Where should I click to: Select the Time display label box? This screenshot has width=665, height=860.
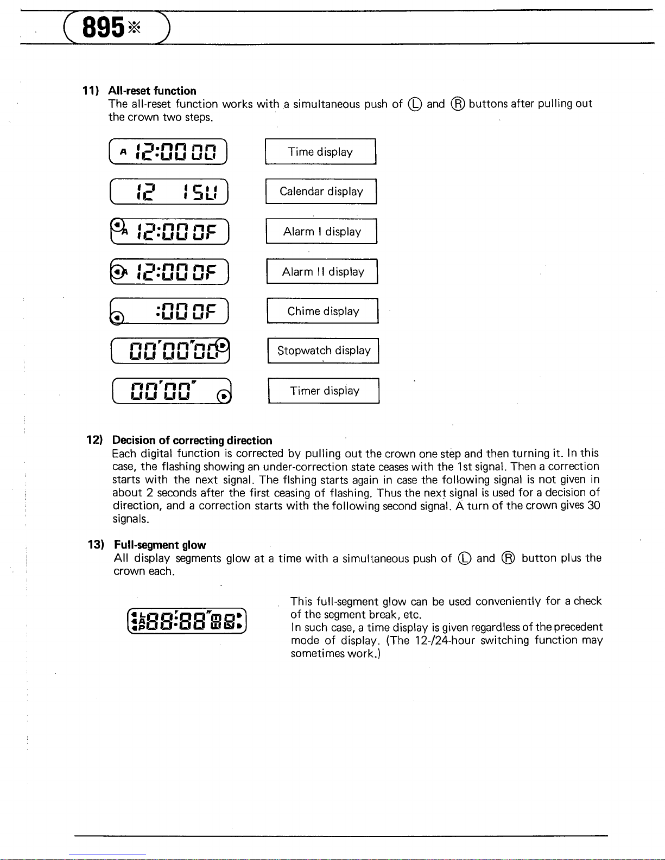click(x=320, y=152)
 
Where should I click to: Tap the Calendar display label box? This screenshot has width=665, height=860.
click(x=321, y=192)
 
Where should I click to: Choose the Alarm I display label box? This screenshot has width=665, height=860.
click(x=321, y=232)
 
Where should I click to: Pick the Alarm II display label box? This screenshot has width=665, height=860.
click(x=322, y=272)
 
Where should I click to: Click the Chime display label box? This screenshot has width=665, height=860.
click(x=323, y=311)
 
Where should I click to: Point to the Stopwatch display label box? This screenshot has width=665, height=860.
click(x=324, y=351)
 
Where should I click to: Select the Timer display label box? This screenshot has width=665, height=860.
click(x=324, y=391)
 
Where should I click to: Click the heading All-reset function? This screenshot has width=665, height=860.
click(x=152, y=91)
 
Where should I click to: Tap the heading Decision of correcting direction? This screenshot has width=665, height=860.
click(x=192, y=440)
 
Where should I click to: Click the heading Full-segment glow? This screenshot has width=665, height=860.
click(x=160, y=545)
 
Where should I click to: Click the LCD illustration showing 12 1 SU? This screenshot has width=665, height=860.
click(x=169, y=192)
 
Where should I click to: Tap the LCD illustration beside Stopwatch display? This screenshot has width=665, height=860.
click(x=171, y=351)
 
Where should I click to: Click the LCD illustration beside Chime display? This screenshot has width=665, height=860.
click(x=170, y=311)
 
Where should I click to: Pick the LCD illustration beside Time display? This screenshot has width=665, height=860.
click(x=168, y=152)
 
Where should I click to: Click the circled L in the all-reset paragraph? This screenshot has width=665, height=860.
click(x=415, y=104)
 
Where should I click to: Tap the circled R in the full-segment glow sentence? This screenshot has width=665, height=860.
click(x=508, y=558)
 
